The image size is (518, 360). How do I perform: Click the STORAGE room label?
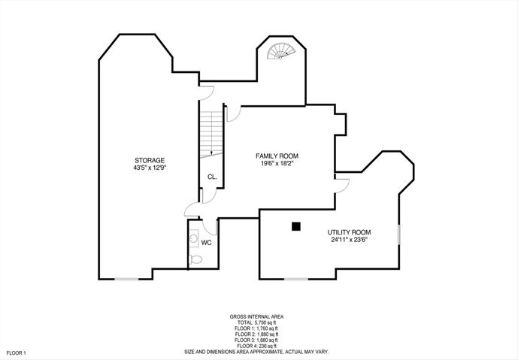[x=150, y=161]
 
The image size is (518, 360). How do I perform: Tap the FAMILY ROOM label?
[x=277, y=156]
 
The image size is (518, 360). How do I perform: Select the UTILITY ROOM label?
[x=349, y=232]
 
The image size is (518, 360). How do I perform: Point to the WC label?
[x=206, y=243]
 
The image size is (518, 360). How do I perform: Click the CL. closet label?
[x=212, y=177]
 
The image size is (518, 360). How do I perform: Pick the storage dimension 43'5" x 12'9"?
[x=150, y=168]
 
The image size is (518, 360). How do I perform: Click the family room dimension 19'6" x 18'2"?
[x=277, y=164]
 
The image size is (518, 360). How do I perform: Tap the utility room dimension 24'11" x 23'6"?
[x=349, y=240]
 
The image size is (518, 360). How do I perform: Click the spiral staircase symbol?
[x=281, y=51]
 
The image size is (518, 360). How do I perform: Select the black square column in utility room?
[x=296, y=226]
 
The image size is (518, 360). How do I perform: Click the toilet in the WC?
[x=195, y=260]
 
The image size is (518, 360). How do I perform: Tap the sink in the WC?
[x=193, y=237]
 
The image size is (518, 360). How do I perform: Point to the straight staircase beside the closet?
[x=211, y=134]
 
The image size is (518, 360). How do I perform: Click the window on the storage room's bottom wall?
[x=126, y=279]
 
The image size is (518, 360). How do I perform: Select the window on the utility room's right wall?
[x=399, y=234]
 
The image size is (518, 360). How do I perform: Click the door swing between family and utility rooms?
[x=342, y=186]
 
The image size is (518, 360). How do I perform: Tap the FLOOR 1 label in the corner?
[x=16, y=353]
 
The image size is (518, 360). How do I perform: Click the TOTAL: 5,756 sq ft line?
[x=256, y=322]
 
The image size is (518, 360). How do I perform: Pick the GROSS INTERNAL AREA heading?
[x=256, y=316]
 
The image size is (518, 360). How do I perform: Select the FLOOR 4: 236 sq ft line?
[x=256, y=346]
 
